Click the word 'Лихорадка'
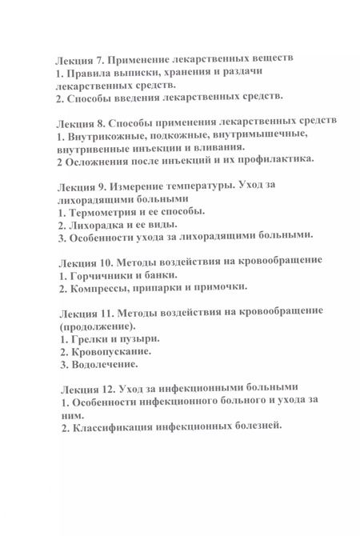98,224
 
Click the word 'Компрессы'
100,287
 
